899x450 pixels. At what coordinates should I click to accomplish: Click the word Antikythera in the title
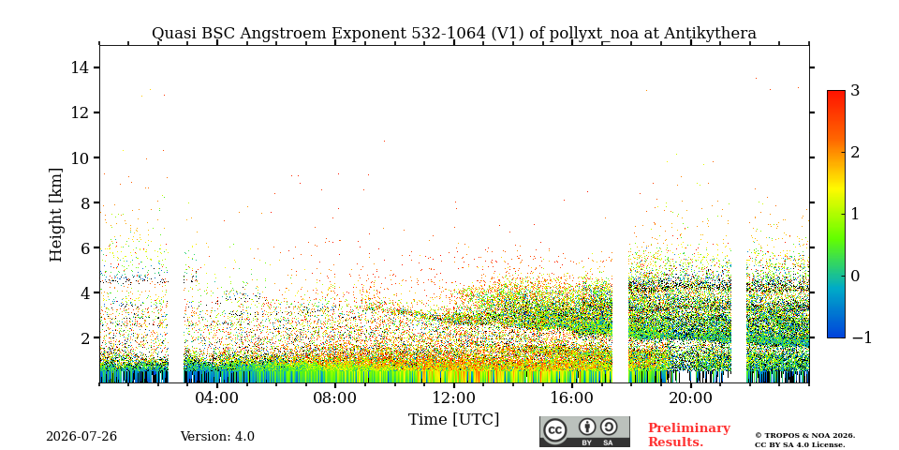pos(710,34)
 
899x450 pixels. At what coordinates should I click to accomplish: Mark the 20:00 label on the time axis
pos(690,398)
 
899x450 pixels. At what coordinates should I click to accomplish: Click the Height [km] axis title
pos(55,215)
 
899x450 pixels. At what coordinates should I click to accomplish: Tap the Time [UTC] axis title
pos(453,420)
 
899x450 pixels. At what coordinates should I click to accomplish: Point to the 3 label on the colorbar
pos(855,91)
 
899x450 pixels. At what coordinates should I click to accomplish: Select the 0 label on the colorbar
pos(855,276)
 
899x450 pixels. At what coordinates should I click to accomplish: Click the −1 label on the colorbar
pos(862,338)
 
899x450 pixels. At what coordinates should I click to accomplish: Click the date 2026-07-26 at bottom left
pos(81,437)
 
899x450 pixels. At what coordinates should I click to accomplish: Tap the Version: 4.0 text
pos(217,437)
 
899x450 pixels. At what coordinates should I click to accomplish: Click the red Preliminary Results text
pos(689,435)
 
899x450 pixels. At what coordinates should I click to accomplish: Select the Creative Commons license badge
pos(584,431)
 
